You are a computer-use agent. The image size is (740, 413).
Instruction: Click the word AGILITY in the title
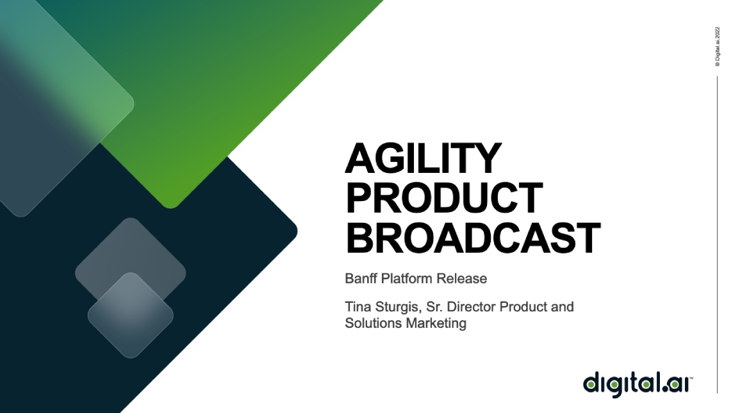[x=423, y=158]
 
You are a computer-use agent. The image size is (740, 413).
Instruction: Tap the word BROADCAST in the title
[x=473, y=238]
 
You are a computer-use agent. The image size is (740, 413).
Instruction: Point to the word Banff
[x=361, y=279]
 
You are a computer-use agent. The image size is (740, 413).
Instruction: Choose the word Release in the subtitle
[x=461, y=279]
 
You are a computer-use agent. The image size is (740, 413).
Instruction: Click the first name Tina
[x=358, y=307]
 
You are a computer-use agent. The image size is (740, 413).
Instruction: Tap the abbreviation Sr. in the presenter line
[x=434, y=307]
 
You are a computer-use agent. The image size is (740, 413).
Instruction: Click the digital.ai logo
[x=637, y=384]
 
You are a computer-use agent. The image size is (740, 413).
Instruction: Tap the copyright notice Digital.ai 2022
[x=718, y=46]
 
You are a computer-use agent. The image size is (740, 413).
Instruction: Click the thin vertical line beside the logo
[x=718, y=235]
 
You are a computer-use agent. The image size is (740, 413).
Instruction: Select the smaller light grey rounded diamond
[x=130, y=315]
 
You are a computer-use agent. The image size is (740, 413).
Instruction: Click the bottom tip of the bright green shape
[x=171, y=208]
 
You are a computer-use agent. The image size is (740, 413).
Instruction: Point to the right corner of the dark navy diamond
[x=297, y=232]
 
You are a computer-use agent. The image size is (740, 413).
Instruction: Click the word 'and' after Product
[x=562, y=307]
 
